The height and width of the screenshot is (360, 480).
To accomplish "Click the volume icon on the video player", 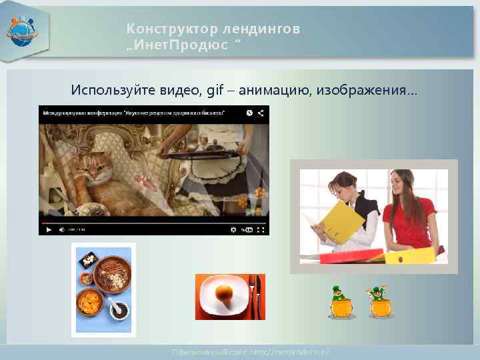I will pos(61,229).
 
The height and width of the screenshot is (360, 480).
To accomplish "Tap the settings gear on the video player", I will pos(233,229).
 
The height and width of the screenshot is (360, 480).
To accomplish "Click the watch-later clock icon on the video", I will pos(249,113).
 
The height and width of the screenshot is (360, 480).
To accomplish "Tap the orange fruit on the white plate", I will pos(224,293).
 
